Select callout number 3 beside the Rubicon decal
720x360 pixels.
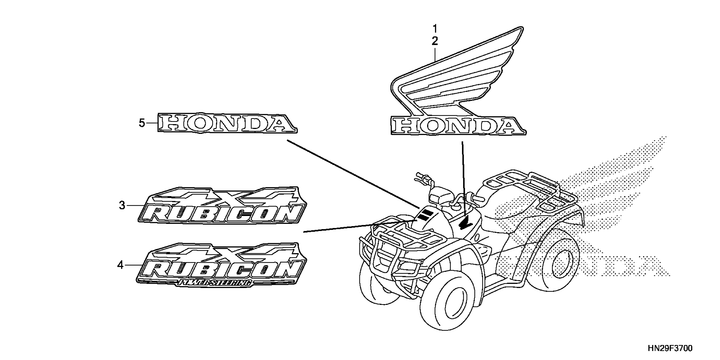point(122,205)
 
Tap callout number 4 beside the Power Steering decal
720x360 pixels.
point(120,265)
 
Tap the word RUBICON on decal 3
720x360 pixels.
point(221,214)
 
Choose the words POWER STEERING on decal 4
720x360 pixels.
point(215,283)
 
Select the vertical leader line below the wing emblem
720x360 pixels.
point(463,179)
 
